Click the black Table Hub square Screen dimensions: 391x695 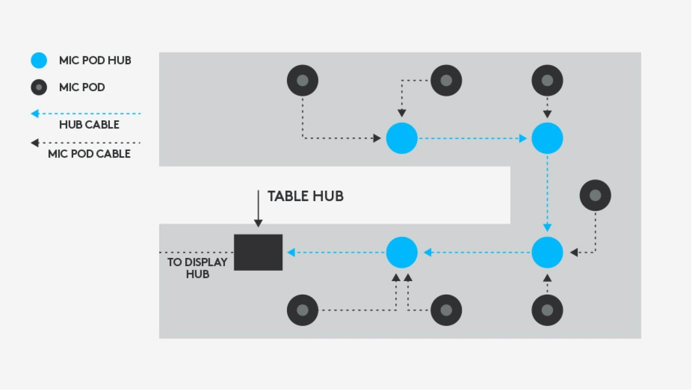258,253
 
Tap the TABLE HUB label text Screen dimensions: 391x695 305,196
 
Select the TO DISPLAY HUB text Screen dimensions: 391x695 198,268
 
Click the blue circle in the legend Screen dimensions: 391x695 39,60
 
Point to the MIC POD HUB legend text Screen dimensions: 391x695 95,60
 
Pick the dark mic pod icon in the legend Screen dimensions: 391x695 39,87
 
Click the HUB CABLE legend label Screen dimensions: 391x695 89,125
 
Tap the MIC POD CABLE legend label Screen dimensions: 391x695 89,154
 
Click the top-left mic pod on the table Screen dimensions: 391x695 303,80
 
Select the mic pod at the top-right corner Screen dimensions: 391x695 547,80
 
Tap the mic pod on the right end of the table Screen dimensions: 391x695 595,195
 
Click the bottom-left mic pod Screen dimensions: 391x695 303,310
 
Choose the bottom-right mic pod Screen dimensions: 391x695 547,310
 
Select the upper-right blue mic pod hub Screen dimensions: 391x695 547,138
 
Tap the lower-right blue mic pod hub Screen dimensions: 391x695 547,253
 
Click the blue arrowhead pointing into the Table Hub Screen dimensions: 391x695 291,253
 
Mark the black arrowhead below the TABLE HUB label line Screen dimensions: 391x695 258,223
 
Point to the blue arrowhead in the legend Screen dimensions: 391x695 35,114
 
